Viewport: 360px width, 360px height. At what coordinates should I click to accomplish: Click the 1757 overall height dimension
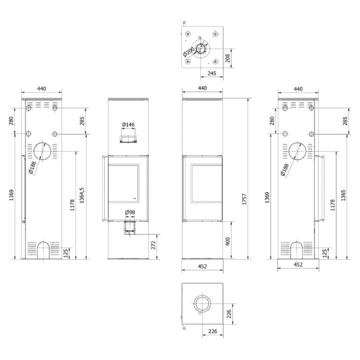pos(245,199)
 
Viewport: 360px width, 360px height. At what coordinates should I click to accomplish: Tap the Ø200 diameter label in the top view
pos(189,52)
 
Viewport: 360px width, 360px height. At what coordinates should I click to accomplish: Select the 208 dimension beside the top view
pos(228,58)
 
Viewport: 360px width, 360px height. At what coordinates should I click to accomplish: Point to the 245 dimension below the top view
pos(212,73)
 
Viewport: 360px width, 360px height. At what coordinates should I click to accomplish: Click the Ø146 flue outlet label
pos(128,125)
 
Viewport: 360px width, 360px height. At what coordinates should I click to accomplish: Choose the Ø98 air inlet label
pos(130,212)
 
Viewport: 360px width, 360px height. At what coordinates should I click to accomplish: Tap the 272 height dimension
pos(153,245)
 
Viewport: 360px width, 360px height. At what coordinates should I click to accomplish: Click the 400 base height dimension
pos(228,241)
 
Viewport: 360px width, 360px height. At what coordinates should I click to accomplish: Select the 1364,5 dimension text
pos(82,195)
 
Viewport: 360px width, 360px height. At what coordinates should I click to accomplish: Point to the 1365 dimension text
pos(343,195)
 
